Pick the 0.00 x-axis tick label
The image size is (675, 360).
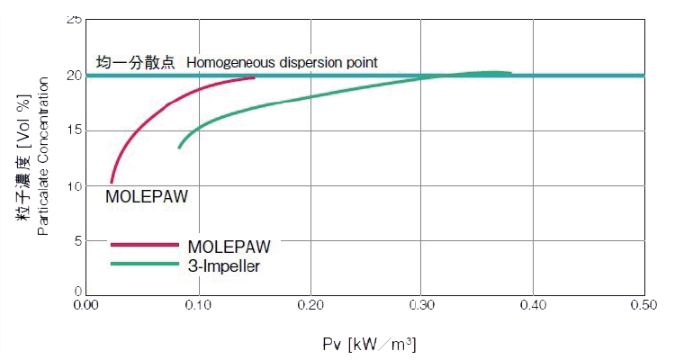click(x=86, y=307)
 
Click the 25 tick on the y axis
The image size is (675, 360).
click(x=74, y=20)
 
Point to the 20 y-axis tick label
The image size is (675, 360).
click(x=74, y=76)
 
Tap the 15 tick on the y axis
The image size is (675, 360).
click(x=74, y=130)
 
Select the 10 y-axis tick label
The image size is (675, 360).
click(x=74, y=186)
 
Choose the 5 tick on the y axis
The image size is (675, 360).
click(x=77, y=241)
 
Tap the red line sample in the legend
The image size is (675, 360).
click(x=144, y=244)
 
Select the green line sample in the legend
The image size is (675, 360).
click(x=144, y=264)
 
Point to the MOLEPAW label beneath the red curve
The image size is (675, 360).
click(x=148, y=196)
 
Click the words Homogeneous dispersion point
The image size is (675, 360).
click(x=282, y=62)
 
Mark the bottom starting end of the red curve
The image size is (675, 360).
click(x=111, y=183)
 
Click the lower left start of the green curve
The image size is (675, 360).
click(x=179, y=147)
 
